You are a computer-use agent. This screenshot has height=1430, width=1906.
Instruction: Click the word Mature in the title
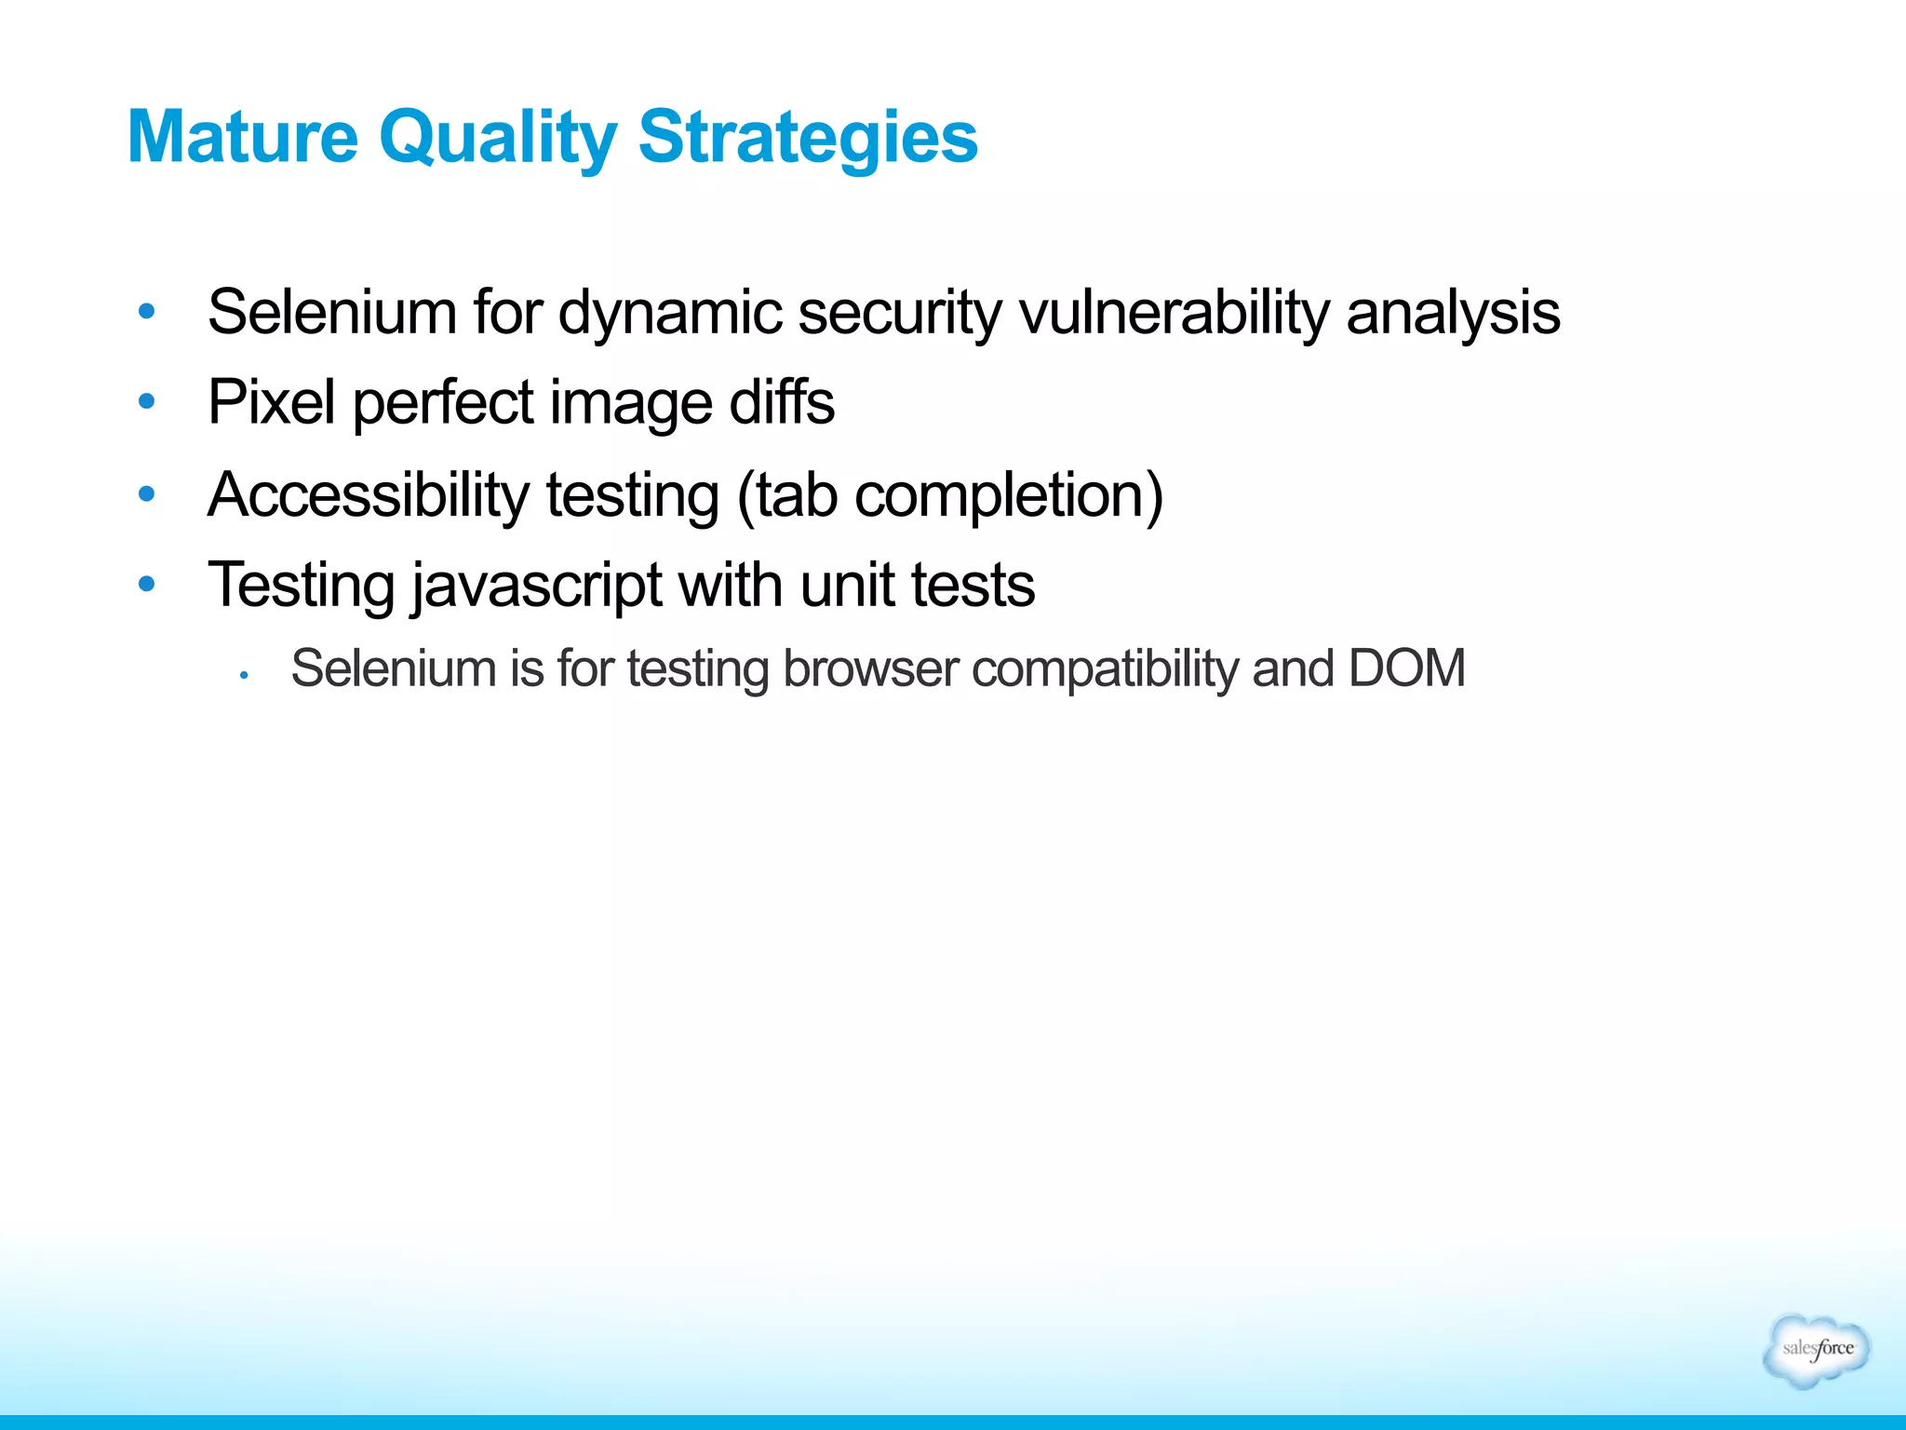242,138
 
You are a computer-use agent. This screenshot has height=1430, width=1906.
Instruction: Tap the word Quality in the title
497,138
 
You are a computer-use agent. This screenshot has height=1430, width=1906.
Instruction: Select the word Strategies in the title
808,138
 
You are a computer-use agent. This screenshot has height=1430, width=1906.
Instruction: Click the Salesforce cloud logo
1816,1350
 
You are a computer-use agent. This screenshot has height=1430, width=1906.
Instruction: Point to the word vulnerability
1174,313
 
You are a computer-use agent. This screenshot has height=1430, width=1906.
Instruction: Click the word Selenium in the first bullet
331,313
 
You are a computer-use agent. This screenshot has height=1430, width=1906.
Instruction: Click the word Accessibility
369,494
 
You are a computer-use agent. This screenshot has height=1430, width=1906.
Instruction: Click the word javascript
537,586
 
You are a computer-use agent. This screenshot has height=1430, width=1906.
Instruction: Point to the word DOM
1406,668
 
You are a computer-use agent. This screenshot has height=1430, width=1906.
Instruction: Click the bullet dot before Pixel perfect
146,401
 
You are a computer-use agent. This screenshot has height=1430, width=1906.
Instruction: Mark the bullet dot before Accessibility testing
146,492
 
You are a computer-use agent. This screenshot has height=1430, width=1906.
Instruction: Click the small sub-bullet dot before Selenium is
243,674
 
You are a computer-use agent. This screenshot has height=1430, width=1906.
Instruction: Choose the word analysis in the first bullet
1453,313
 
